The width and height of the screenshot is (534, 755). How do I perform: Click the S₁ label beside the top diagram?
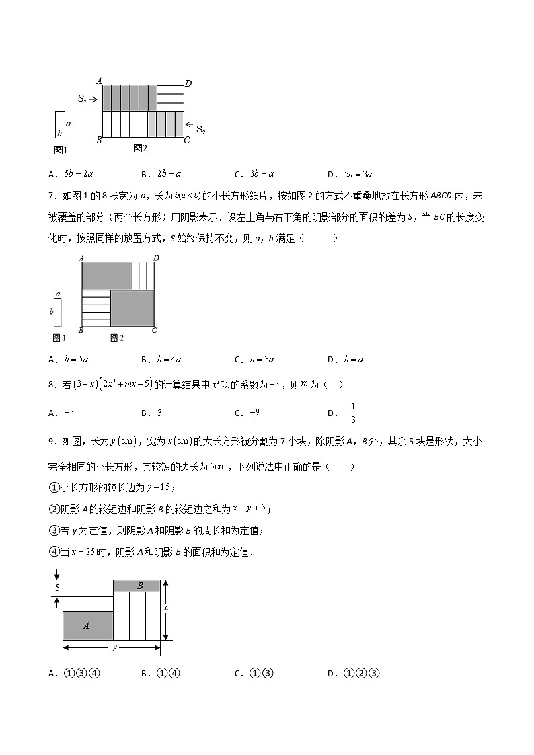[81, 99]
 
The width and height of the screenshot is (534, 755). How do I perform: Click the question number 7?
[52, 196]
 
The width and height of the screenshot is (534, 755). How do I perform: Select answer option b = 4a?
[168, 359]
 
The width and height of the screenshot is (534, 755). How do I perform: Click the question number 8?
[52, 385]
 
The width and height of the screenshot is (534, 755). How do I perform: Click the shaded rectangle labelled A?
[87, 625]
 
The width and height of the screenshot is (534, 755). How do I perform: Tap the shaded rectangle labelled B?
[140, 586]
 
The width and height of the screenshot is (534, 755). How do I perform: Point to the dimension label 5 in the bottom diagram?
[58, 588]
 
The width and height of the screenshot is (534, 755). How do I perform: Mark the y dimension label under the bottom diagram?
[114, 647]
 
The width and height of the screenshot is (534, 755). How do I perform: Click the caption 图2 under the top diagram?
[140, 148]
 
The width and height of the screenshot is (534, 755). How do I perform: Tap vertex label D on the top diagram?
[188, 83]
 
